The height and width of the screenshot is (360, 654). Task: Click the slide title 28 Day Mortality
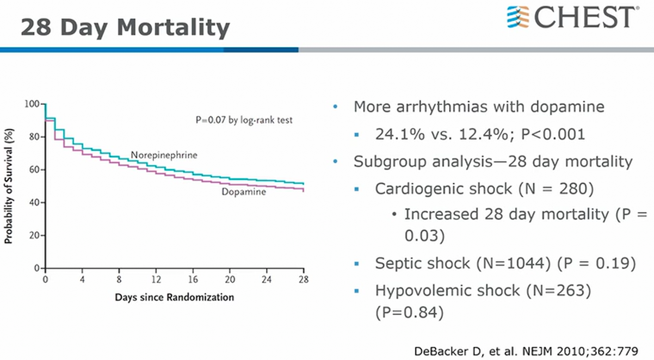click(125, 27)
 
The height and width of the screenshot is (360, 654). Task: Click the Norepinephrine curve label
click(163, 156)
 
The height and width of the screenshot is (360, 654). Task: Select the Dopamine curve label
click(243, 192)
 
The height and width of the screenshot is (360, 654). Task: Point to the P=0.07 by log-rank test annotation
click(244, 120)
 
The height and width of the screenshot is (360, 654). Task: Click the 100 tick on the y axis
click(33, 104)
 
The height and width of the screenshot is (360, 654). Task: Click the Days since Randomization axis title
click(174, 297)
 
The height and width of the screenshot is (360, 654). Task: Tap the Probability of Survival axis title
click(9, 186)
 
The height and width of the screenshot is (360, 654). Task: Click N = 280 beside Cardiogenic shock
click(556, 189)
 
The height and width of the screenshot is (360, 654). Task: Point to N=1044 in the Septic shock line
click(516, 263)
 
